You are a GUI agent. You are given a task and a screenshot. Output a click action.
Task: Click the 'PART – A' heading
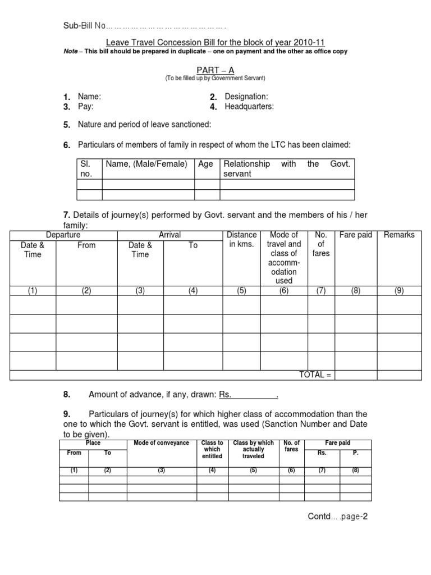[x=215, y=70]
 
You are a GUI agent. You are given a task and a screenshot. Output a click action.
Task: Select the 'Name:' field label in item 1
[x=89, y=97]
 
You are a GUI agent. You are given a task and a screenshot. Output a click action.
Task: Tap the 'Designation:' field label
[x=246, y=97]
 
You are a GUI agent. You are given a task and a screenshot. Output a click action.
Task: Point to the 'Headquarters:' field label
[x=249, y=107]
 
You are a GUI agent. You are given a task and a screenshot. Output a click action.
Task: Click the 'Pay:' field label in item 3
[x=86, y=107]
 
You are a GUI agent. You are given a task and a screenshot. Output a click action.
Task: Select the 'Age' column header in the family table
[x=205, y=164]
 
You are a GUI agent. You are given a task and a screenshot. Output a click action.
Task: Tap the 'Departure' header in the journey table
[x=63, y=235]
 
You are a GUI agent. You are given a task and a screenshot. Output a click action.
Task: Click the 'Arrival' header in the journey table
[x=169, y=235]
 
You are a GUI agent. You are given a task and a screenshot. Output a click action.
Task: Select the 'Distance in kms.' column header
[x=241, y=239]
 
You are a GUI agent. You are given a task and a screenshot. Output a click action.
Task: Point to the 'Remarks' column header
[x=399, y=235]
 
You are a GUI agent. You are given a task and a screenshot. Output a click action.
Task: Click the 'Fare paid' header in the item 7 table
[x=356, y=235]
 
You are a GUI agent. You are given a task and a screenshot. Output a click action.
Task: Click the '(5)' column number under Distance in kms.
[x=241, y=291]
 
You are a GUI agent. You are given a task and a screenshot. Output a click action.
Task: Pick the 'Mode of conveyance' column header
[x=161, y=443]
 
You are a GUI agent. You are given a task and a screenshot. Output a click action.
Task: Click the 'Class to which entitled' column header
[x=212, y=449]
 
